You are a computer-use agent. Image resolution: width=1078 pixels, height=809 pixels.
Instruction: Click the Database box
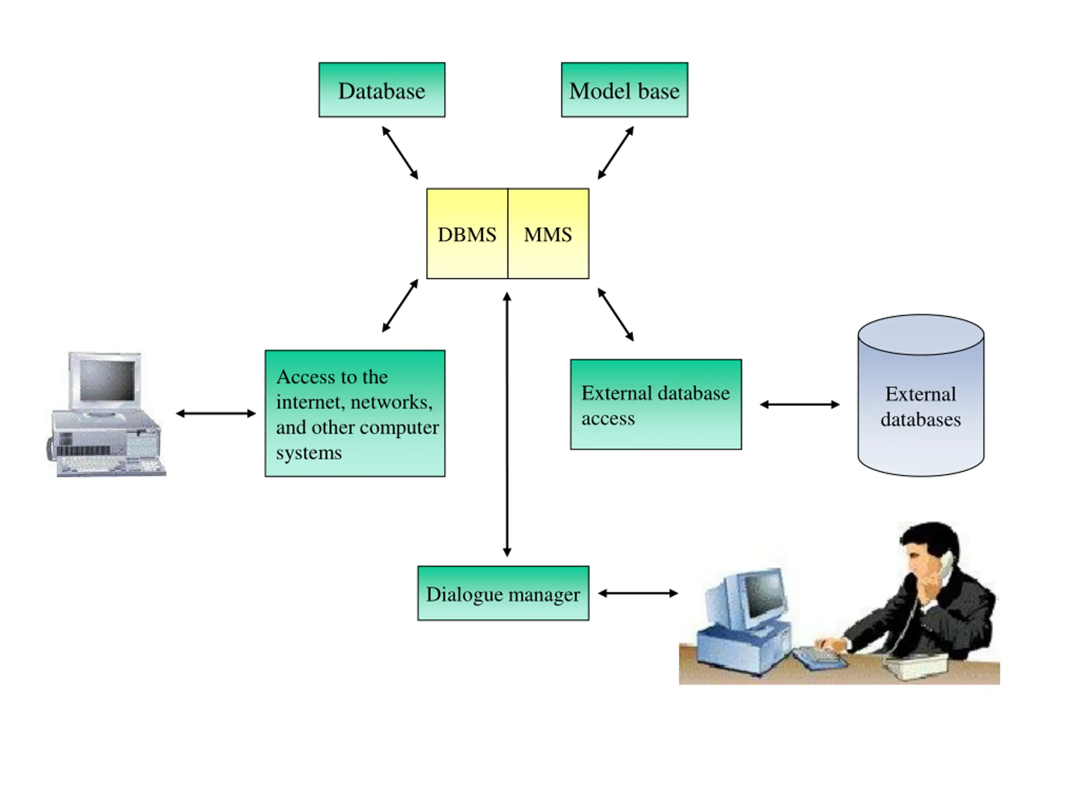382,90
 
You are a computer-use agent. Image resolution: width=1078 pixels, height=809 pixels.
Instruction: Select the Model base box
624,90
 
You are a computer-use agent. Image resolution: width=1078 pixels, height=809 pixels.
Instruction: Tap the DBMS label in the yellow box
467,235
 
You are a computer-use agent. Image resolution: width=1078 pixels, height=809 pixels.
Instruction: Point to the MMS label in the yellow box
548,235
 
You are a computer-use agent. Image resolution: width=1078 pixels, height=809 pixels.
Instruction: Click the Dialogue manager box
503,593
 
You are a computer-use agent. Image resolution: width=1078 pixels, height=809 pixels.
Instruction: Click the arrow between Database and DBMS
400,153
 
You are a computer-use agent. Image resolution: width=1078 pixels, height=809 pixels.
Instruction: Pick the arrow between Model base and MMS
616,153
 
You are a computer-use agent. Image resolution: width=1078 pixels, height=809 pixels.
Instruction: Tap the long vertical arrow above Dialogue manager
507,424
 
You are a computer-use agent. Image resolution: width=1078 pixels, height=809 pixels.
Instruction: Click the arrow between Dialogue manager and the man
638,593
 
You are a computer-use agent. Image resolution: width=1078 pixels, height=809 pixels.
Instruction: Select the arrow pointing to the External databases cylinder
800,404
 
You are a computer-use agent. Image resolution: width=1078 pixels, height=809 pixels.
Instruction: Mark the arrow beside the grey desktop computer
216,413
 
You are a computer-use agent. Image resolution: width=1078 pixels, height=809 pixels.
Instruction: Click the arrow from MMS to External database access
616,314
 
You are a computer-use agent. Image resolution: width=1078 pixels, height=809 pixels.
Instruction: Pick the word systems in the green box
309,453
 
